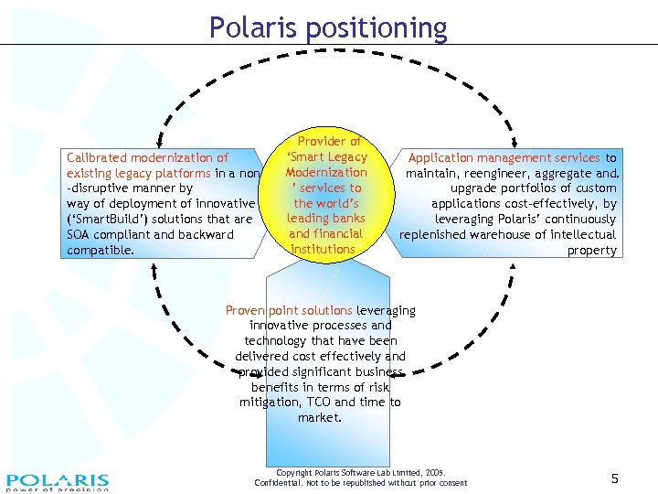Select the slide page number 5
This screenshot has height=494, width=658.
tap(615, 478)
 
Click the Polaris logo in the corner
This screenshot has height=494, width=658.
tap(57, 481)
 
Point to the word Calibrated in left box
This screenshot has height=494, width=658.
tap(97, 158)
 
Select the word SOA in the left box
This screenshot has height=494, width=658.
tap(80, 235)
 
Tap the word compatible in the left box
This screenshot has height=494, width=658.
tap(101, 250)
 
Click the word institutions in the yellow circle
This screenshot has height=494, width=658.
tap(324, 249)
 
